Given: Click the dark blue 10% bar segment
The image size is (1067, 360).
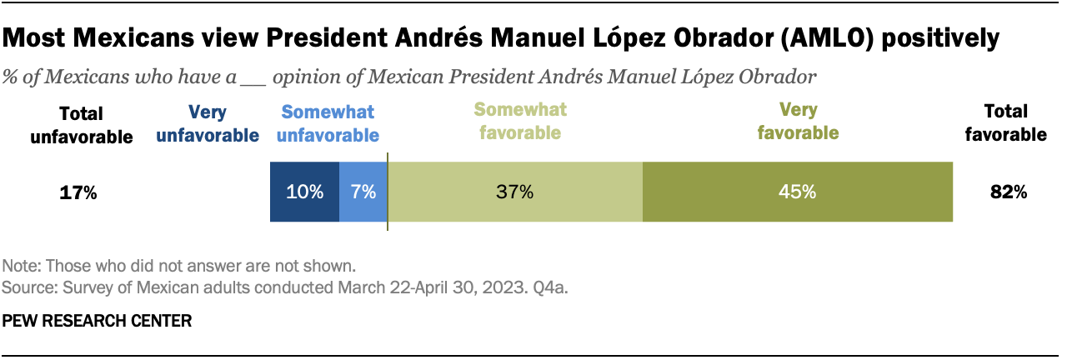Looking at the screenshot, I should tap(304, 192).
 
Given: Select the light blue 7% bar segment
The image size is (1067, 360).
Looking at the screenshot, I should tap(363, 192).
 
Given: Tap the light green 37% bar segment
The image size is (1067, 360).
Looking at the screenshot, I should tap(515, 192).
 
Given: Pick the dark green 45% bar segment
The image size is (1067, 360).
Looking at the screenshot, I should tap(797, 192).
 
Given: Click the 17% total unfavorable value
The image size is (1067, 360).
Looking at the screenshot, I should tap(78, 192).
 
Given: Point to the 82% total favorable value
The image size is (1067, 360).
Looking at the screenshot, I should tap(1009, 192).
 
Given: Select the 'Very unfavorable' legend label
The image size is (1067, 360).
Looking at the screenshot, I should tap(208, 123).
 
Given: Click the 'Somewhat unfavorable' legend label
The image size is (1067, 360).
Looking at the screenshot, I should tap(328, 123).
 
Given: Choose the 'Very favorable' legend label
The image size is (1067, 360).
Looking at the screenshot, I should tap(797, 121).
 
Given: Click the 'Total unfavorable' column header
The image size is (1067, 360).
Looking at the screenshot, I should tap(82, 125).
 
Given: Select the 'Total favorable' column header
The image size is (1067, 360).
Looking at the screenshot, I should tap(1006, 122).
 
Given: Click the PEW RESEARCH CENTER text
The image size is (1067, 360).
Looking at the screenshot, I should tap(97, 320).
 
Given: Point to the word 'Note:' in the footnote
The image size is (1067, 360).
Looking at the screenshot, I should tap(22, 267).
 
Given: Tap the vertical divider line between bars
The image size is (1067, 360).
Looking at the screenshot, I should tap(388, 192).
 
